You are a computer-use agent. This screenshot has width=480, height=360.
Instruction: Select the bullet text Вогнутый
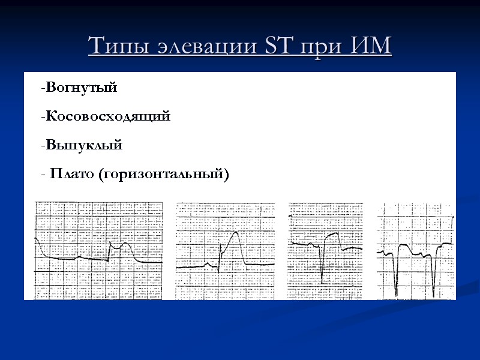81,88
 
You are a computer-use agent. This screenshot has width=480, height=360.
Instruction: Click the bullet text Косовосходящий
108,116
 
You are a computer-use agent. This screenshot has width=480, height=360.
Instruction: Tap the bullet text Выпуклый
84,145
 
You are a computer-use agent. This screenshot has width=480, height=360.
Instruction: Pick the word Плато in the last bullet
72,174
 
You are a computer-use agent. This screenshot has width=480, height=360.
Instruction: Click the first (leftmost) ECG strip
98,251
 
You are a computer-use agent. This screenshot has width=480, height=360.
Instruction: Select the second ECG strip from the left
225,251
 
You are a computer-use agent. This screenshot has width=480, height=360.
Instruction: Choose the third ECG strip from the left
325,251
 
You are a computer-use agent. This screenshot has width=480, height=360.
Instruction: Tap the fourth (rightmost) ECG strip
416,251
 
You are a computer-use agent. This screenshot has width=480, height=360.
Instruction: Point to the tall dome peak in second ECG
236,233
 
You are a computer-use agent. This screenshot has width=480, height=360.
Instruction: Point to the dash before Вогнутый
43,88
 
